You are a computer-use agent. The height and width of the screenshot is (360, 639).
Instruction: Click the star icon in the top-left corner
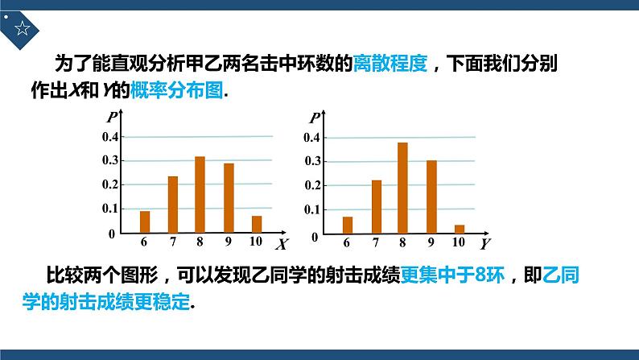click(22, 30)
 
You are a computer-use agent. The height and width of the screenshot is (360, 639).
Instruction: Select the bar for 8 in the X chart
click(200, 194)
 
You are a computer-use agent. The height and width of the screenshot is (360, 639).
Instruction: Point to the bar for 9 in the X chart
click(229, 198)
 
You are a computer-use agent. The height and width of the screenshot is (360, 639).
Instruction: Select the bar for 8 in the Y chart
click(402, 188)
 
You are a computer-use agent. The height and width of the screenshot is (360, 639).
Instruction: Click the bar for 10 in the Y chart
click(460, 229)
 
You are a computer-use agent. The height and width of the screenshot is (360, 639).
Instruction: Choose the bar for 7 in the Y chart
click(376, 206)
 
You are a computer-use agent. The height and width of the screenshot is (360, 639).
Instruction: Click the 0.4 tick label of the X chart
click(109, 137)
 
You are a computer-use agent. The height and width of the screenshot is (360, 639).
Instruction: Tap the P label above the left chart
click(111, 118)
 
